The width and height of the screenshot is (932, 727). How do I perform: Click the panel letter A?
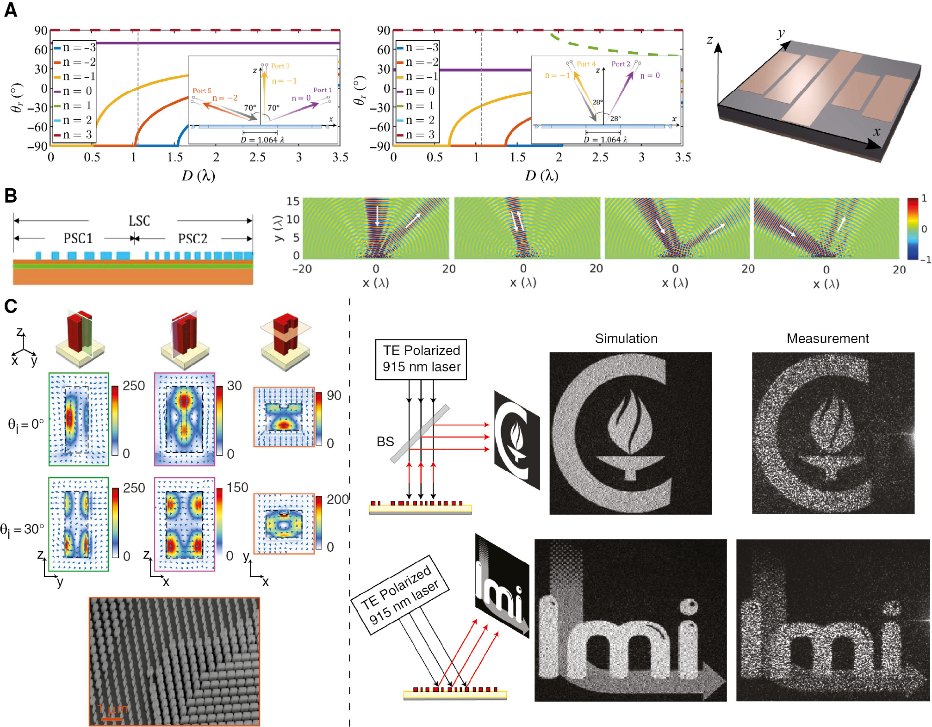tap(11, 10)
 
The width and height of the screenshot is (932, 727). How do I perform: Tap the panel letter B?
tap(11, 196)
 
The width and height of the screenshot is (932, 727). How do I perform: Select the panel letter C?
tap(11, 306)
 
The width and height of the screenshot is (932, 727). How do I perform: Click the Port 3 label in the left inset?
tap(280, 66)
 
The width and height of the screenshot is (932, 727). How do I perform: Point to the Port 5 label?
tap(202, 91)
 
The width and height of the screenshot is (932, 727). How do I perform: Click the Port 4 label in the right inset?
tap(586, 64)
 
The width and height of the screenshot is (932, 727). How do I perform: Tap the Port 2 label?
tap(621, 64)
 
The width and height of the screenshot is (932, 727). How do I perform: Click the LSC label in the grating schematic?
tap(139, 221)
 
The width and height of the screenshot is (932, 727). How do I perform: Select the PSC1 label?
tap(78, 238)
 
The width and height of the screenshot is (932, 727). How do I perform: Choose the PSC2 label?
tap(193, 238)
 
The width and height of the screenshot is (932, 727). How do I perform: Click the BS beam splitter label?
tap(385, 442)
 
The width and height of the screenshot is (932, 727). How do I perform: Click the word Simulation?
tap(626, 339)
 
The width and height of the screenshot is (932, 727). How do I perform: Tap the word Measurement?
tap(828, 339)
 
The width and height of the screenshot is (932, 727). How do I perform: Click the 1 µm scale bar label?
tap(112, 709)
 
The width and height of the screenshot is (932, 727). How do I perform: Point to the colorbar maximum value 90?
tap(334, 395)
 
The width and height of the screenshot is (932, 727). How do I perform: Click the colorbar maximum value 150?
tap(237, 487)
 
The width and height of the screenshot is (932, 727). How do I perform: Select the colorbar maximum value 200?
tap(338, 499)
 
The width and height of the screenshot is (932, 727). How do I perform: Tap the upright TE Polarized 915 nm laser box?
tap(421, 359)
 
